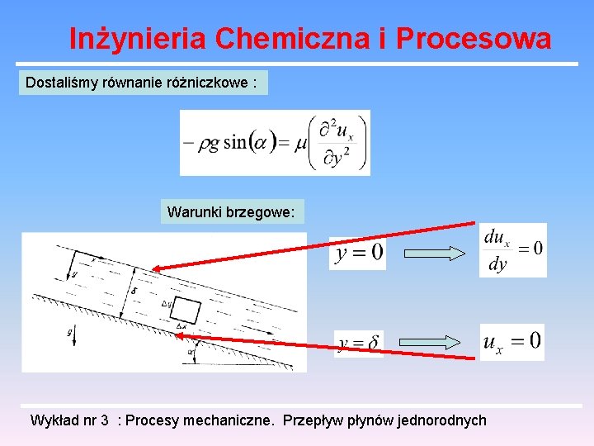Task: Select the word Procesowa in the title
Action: point(474,39)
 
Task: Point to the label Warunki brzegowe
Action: point(230,212)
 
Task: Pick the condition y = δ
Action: point(359,344)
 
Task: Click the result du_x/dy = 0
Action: point(512,250)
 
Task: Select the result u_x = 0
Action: point(512,341)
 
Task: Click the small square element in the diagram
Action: point(186,310)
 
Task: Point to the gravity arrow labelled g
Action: point(71,335)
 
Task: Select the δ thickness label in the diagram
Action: point(134,291)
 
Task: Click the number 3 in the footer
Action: point(105,420)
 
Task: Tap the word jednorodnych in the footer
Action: point(441,420)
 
